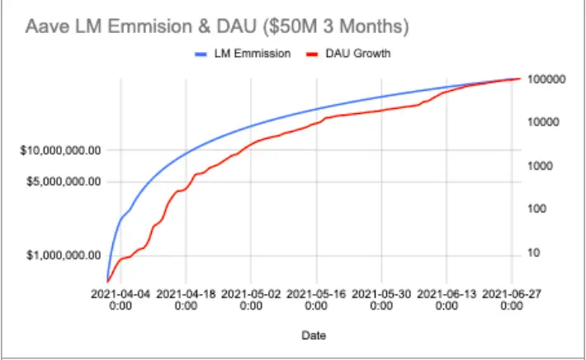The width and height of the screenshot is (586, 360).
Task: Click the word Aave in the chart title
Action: click(x=47, y=26)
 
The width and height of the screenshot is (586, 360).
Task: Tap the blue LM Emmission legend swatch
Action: click(x=201, y=54)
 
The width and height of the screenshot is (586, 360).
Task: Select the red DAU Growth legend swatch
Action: click(x=312, y=54)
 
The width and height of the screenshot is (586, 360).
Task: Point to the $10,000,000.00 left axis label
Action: click(x=60, y=150)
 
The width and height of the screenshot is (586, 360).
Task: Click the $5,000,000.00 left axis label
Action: click(x=64, y=182)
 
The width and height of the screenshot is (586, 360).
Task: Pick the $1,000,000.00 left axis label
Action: click(x=64, y=255)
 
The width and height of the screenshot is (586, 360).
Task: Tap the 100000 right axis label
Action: click(x=546, y=79)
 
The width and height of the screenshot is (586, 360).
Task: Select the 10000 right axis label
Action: click(x=543, y=122)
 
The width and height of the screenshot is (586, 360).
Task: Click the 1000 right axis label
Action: click(x=540, y=166)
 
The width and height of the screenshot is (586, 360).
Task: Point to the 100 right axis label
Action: click(x=537, y=209)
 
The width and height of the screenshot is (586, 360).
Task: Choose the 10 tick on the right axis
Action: click(x=534, y=253)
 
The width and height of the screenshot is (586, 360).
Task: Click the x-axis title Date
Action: click(x=314, y=335)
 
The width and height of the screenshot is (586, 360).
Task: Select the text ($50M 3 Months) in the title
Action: click(x=336, y=27)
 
